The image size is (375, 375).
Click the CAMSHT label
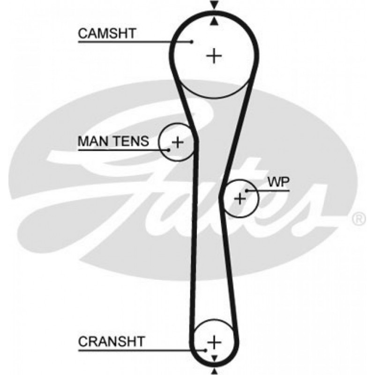(x=106, y=33)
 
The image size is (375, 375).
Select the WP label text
(x=277, y=181)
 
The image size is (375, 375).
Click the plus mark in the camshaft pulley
(x=214, y=56)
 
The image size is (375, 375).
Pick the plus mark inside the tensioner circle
(x=177, y=142)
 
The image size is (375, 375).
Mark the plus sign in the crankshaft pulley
(x=214, y=341)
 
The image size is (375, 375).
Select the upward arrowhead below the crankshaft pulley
(x=214, y=372)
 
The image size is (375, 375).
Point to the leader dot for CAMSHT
(x=192, y=42)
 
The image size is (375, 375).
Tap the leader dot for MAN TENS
(x=169, y=150)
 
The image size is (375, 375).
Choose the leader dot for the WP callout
(x=246, y=191)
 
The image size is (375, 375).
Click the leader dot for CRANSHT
(x=205, y=350)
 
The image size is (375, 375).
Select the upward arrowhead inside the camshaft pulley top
(x=214, y=21)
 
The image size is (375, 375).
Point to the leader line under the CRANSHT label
(x=141, y=350)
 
